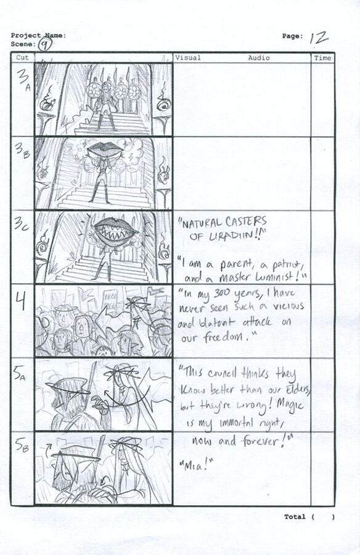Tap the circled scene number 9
(x=44, y=44)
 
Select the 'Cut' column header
(x=22, y=58)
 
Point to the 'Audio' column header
(x=259, y=58)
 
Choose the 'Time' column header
(x=322, y=58)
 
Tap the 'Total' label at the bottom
(x=295, y=517)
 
